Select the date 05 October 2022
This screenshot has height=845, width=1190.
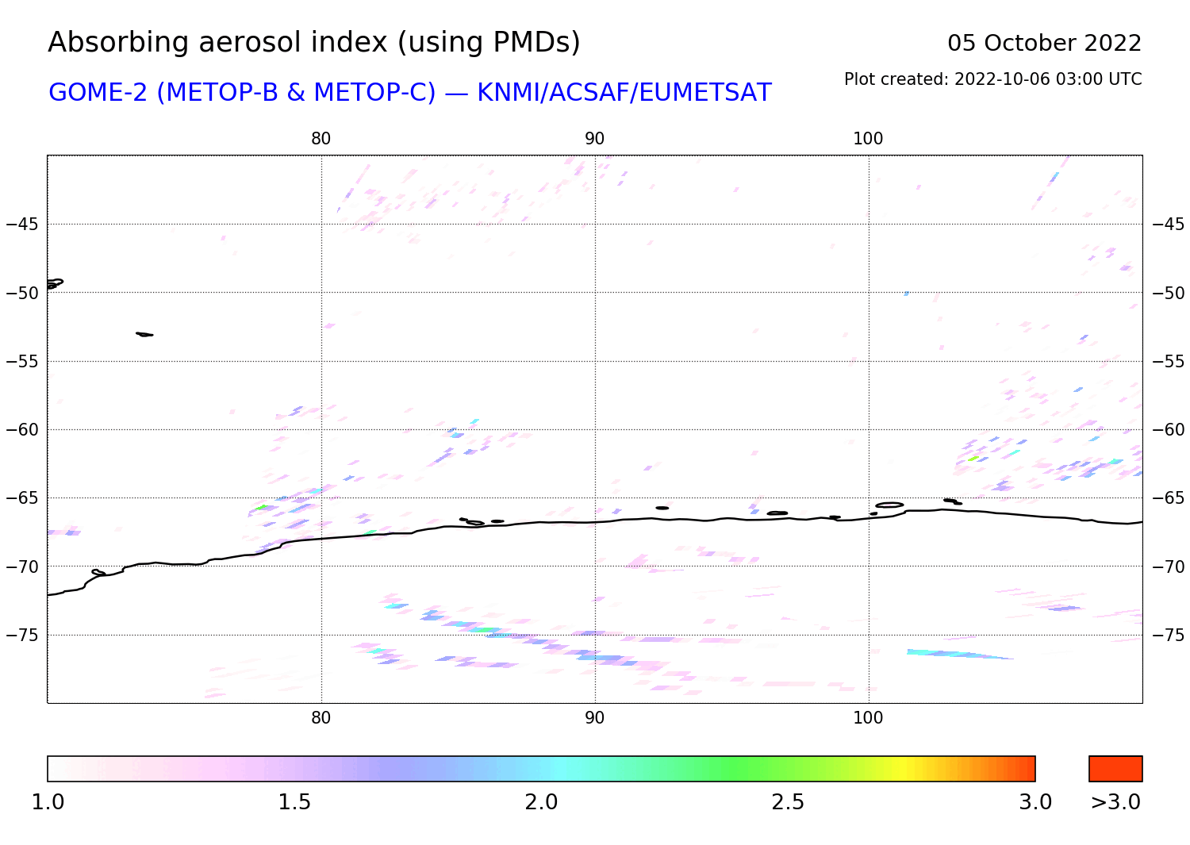click(1044, 44)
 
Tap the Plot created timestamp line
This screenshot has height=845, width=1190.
click(992, 79)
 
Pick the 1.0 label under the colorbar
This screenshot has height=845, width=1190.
click(48, 802)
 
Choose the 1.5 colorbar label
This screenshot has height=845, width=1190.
click(294, 802)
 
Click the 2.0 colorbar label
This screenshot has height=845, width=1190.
click(541, 802)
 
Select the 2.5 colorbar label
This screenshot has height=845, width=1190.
click(788, 802)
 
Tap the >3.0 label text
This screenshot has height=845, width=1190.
click(1115, 802)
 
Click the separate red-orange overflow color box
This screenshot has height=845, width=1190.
click(1115, 769)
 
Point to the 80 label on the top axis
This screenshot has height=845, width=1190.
click(321, 139)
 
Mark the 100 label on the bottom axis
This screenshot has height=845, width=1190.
click(868, 718)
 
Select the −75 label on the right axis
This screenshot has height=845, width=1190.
click(1169, 635)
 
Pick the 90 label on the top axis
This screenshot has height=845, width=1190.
click(594, 139)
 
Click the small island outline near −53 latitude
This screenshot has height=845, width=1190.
click(144, 334)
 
